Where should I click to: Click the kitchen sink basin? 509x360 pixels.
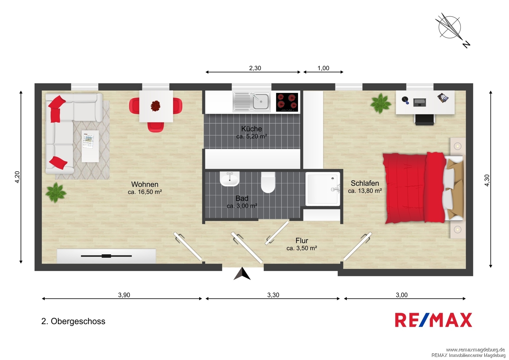261,102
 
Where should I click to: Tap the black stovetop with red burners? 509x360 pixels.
287,102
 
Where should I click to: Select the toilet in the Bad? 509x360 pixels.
268,182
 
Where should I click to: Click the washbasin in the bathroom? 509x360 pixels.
230,179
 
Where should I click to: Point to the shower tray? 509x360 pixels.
323,189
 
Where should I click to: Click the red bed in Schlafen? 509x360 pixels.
423,188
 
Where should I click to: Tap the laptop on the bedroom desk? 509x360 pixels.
419,103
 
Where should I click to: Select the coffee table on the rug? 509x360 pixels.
90,146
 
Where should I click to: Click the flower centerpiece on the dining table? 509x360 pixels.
155,106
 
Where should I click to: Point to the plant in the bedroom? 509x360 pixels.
380,104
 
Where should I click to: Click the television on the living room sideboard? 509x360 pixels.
106,256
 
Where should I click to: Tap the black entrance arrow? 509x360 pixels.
242,274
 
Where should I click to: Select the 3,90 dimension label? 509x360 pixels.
124,295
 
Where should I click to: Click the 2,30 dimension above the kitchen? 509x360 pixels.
255,68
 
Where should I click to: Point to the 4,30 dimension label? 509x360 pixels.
487,180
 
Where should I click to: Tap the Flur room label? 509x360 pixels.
302,240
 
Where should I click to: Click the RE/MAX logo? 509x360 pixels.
433,320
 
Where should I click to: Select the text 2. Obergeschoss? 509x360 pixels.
73,321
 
